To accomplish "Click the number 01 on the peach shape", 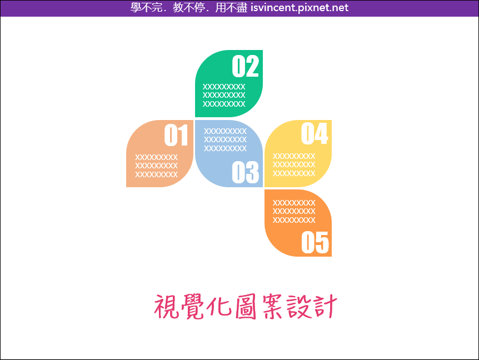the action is [176, 135].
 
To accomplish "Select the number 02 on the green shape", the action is [245, 66].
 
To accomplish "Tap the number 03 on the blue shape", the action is [245, 173].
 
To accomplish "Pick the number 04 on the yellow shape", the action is [315, 133].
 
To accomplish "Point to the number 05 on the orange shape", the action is [315, 242].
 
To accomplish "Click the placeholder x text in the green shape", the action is [224, 95].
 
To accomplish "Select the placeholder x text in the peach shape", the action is [156, 166].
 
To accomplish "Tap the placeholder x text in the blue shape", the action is [225, 139].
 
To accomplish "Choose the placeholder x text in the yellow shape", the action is [294, 165].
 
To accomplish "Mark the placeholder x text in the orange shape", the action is [294, 211].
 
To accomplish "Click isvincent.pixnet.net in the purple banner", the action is [300, 7].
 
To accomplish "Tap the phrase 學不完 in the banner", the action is [147, 7].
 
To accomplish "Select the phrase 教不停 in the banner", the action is [189, 7].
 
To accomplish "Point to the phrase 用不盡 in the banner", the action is [231, 7].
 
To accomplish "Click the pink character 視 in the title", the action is [166, 307].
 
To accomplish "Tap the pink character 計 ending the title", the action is [326, 307].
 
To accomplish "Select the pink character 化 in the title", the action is [219, 306].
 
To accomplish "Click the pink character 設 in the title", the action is [300, 307].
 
